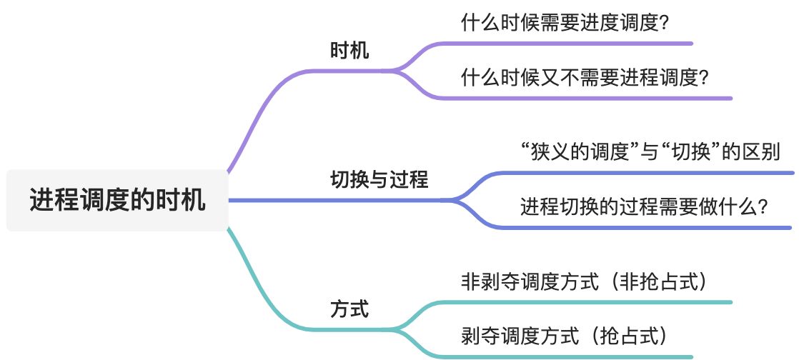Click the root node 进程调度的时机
117,200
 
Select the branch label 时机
349,51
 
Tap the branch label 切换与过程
379,179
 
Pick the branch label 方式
349,310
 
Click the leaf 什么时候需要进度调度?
565,23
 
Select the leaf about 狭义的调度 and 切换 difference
650,152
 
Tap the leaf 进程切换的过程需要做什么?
644,207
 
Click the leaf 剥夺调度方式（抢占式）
565,334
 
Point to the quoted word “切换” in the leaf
690,152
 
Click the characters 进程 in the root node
51,200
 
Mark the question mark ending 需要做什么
763,208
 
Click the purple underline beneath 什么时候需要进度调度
572,44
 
